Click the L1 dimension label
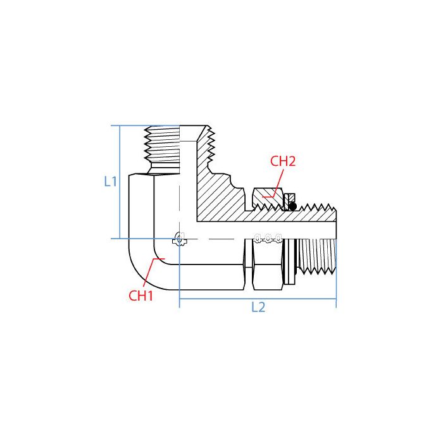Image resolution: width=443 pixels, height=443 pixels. coord(111,182)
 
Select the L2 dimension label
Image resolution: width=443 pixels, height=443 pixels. coord(258,308)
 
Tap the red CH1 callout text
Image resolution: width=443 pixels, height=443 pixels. coord(141,295)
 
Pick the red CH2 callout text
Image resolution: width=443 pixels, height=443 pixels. coord(283,161)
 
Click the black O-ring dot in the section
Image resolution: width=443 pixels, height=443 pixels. coord(292,206)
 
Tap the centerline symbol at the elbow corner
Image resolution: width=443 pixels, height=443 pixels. coord(180,239)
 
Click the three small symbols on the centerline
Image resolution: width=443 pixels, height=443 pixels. coord(266,239)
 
